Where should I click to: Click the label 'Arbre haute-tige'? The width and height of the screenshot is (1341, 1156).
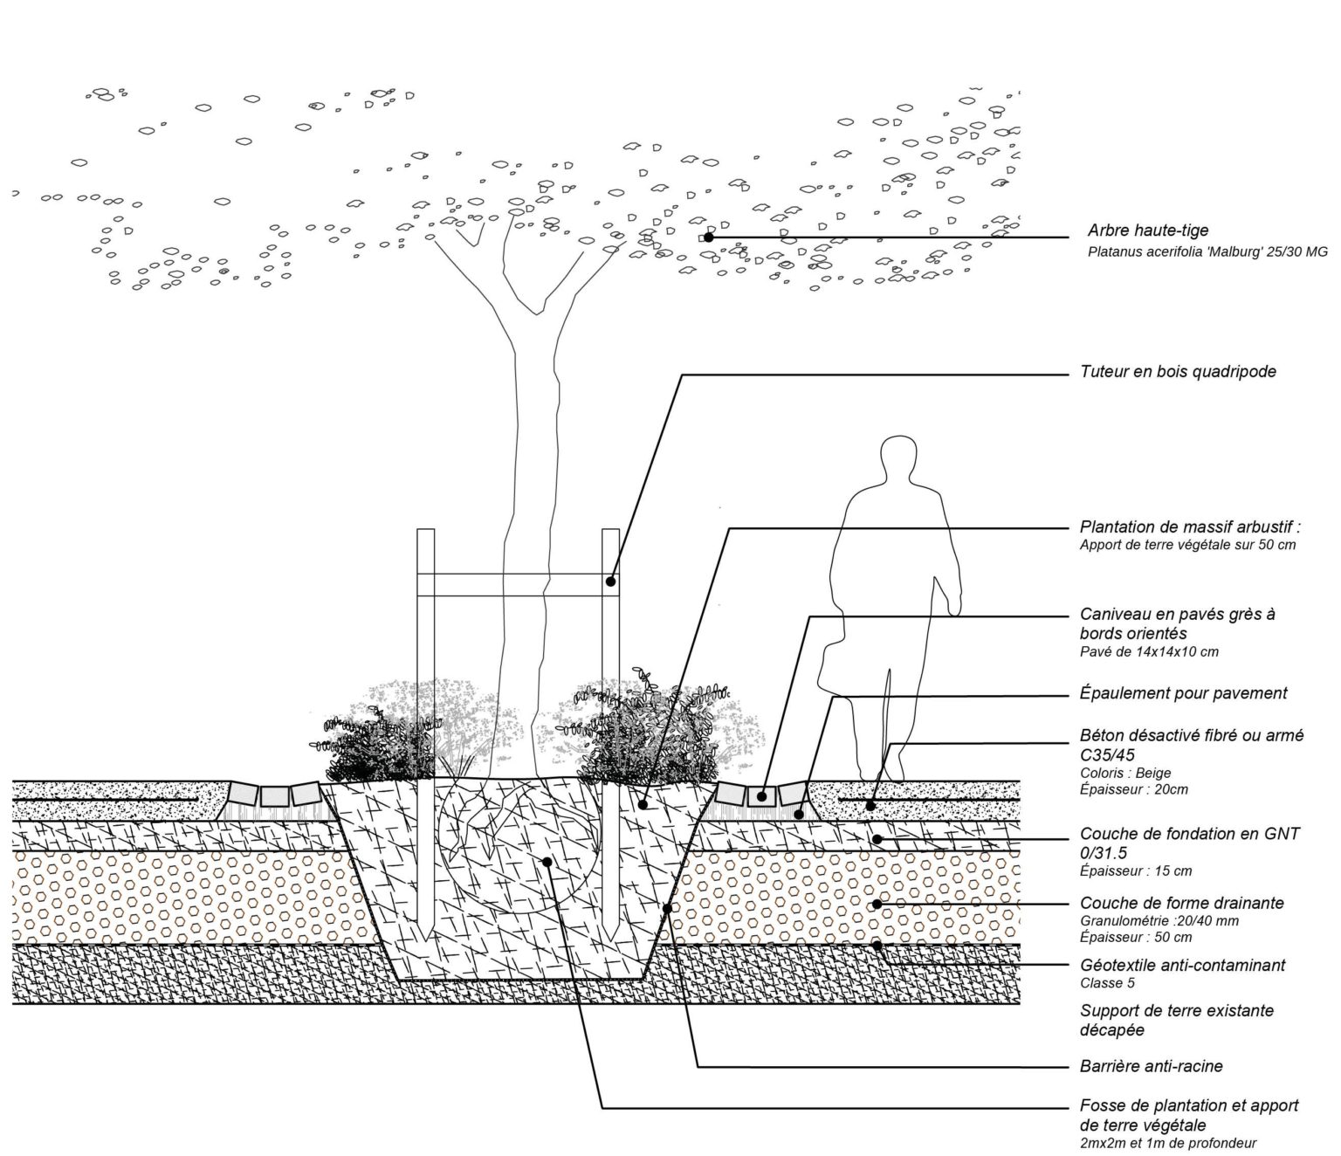click(1148, 231)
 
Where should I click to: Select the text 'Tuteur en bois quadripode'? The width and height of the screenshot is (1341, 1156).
click(1178, 372)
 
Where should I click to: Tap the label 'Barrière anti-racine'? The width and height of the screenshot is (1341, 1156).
click(1151, 1066)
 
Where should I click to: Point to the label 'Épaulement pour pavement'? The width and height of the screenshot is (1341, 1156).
click(1183, 693)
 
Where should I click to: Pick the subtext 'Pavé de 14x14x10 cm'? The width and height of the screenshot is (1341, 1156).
click(1149, 652)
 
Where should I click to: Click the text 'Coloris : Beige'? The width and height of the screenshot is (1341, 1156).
click(1125, 773)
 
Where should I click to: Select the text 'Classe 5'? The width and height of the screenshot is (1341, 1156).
click(1107, 983)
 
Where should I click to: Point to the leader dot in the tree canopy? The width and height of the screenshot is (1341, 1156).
click(708, 237)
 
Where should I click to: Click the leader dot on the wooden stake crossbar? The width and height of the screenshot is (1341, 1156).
click(611, 581)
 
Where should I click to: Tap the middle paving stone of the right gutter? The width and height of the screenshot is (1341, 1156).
click(761, 795)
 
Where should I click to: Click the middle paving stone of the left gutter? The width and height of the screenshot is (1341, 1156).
click(274, 795)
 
